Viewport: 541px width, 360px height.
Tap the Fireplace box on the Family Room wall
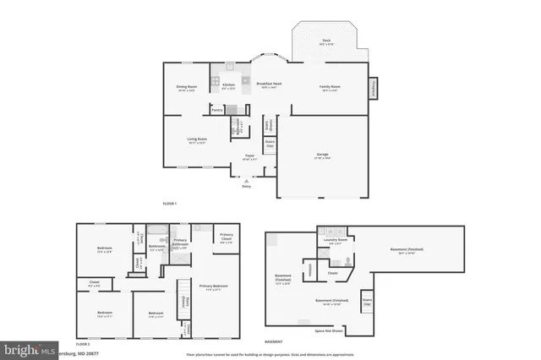(371, 88)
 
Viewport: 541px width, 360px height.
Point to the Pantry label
(216, 109)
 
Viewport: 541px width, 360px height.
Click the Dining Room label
(187, 86)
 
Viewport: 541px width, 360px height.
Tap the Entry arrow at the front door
(246, 180)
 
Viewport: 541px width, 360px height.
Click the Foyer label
(249, 156)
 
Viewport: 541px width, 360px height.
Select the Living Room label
(197, 140)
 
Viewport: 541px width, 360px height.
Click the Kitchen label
(228, 85)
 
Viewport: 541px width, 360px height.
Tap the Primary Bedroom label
(213, 287)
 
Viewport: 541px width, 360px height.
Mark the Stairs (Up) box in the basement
(367, 302)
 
